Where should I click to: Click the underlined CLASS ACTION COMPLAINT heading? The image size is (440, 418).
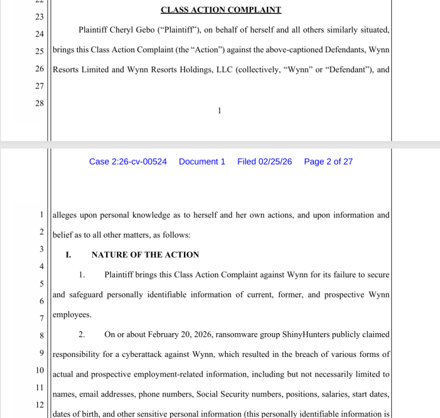221,10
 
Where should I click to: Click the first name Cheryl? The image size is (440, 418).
122,30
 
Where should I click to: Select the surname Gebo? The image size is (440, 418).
147,30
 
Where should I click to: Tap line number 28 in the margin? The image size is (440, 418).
39,103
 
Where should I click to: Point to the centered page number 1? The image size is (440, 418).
219,110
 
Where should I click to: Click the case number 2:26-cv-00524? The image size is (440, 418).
128,162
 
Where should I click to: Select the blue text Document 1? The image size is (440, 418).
202,162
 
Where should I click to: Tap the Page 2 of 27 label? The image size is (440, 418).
328,162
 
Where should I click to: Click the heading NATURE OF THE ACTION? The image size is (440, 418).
145,255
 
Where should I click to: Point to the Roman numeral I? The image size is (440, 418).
68,255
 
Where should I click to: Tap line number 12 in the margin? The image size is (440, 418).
39,405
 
